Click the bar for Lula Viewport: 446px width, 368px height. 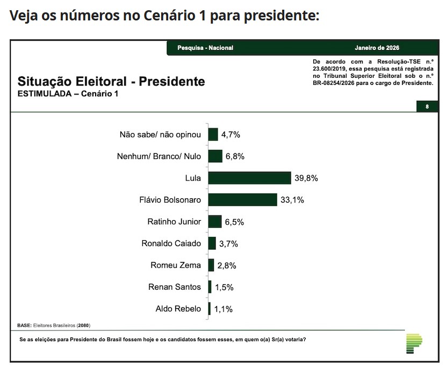tap(249, 178)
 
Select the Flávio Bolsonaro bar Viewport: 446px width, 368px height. tap(242, 200)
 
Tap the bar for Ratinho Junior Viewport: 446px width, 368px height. tap(215, 221)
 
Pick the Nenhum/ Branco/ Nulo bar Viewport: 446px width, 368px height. tap(215, 156)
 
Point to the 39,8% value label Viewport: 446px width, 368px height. tap(306, 178)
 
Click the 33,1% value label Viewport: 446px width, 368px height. tap(292, 200)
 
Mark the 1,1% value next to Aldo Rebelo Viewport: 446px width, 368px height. tap(224, 309)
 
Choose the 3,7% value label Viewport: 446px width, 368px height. tap(228, 243)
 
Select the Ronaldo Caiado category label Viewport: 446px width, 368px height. tap(171, 243)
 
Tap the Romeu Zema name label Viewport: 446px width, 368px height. tap(176, 265)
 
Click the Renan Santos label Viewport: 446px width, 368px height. tap(174, 287)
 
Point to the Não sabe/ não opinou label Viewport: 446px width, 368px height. tap(160, 134)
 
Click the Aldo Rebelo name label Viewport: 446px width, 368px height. tap(178, 309)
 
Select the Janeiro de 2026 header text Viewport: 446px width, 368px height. tap(377, 48)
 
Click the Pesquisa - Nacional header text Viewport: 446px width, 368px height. tap(205, 48)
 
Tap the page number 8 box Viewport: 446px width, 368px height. tap(427, 106)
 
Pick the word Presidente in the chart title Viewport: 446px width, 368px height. tap(172, 82)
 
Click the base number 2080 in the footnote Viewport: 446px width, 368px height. tap(83, 326)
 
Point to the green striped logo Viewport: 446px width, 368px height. tap(414, 343)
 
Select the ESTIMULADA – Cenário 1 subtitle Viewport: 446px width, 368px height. tap(68, 94)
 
